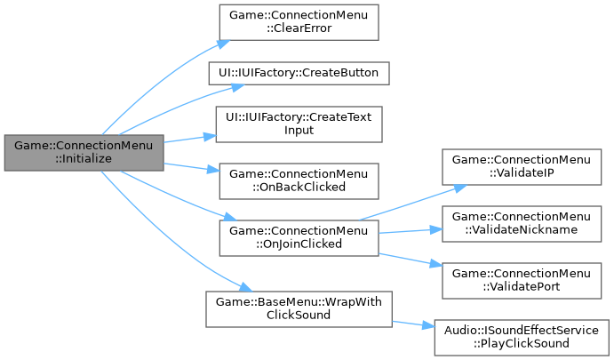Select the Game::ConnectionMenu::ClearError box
[293, 20]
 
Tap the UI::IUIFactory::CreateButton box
[293, 69]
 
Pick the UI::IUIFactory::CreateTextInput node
[293, 124]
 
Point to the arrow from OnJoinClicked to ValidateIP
[409, 204]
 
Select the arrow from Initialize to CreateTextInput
[187, 140]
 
